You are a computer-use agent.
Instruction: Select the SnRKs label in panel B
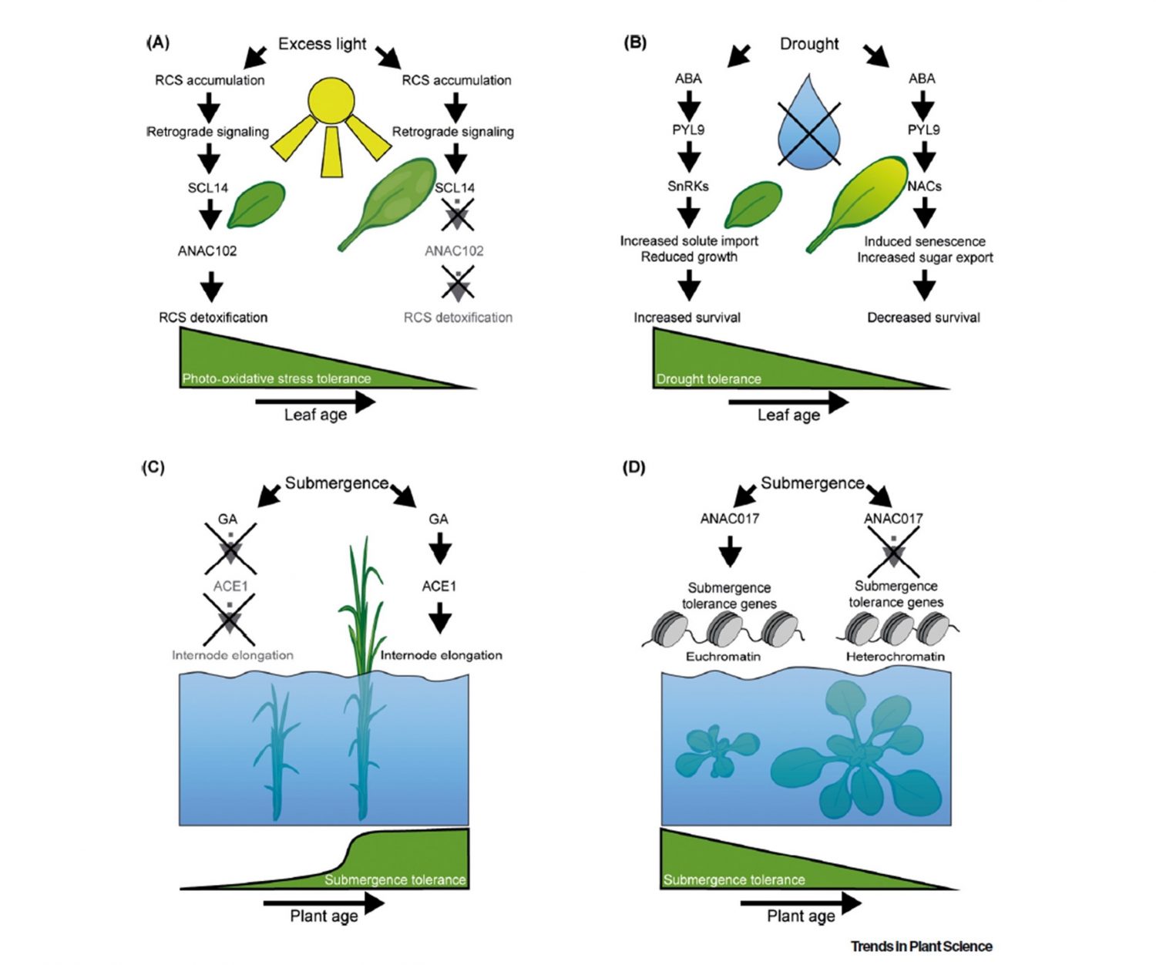tap(687, 186)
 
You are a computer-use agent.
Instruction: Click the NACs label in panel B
tap(924, 186)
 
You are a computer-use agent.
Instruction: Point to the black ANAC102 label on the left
tap(207, 250)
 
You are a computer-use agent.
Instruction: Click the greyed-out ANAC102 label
tap(454, 250)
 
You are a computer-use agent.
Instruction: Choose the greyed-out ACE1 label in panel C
tap(230, 587)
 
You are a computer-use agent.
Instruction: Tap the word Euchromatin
tap(723, 657)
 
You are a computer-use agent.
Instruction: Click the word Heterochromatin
tap(895, 657)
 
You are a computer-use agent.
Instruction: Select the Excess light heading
tap(322, 44)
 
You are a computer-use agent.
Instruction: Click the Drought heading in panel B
tap(808, 44)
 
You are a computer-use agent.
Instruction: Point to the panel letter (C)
tap(153, 467)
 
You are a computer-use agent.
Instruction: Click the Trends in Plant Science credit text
tap(921, 946)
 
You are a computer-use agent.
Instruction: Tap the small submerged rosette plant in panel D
tap(715, 752)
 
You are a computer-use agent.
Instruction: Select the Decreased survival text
tap(923, 318)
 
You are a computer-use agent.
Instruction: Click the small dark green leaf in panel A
tap(256, 203)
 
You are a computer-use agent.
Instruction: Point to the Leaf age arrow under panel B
tap(788, 402)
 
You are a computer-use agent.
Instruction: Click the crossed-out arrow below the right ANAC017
tap(893, 552)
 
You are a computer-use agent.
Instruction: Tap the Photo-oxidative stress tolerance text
tap(276, 378)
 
